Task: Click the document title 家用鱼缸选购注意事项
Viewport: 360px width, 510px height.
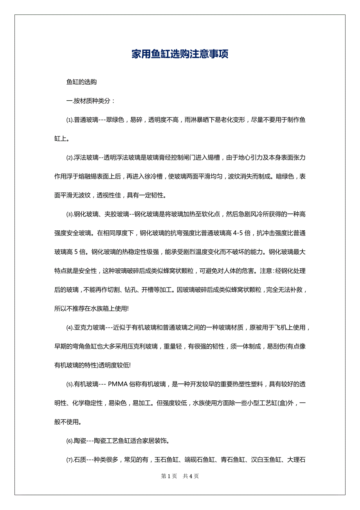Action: [180, 54]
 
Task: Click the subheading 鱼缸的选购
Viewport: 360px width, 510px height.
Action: [81, 82]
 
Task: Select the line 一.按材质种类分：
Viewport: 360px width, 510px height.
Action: [91, 101]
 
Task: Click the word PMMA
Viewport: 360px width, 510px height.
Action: [118, 384]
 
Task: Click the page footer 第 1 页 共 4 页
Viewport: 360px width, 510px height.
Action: [180, 476]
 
